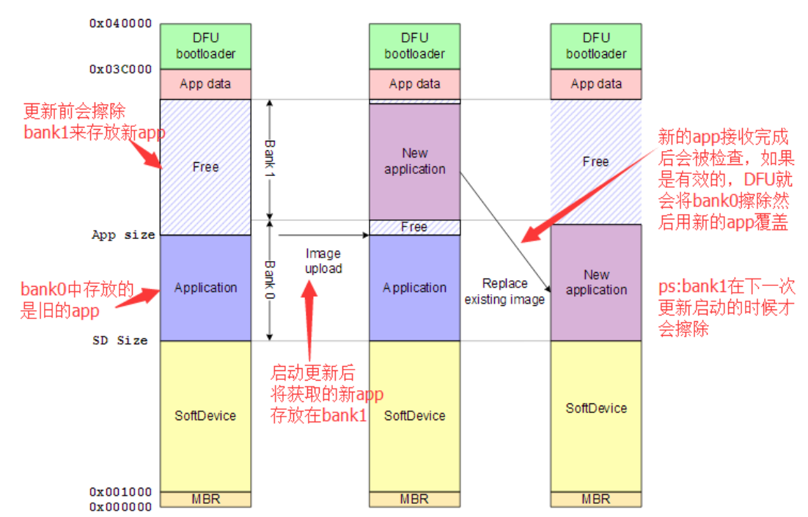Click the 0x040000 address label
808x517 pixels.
point(121,23)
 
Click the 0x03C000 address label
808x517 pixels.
point(121,70)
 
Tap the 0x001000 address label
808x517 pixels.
point(121,492)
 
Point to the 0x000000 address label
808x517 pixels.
point(121,506)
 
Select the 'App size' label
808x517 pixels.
point(123,235)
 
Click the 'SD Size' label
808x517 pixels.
point(120,340)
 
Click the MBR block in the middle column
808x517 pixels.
point(414,499)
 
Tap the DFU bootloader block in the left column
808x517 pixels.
point(205,45)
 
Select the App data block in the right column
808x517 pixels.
point(595,84)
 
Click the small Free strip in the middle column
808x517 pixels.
point(414,227)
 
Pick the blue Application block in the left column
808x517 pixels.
point(205,287)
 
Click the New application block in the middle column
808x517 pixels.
point(414,161)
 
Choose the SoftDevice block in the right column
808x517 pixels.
point(595,408)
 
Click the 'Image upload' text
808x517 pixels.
point(323,261)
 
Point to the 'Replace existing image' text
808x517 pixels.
point(505,291)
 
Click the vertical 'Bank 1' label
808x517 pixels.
point(269,158)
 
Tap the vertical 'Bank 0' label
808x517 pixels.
point(269,281)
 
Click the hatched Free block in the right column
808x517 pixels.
point(595,161)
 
